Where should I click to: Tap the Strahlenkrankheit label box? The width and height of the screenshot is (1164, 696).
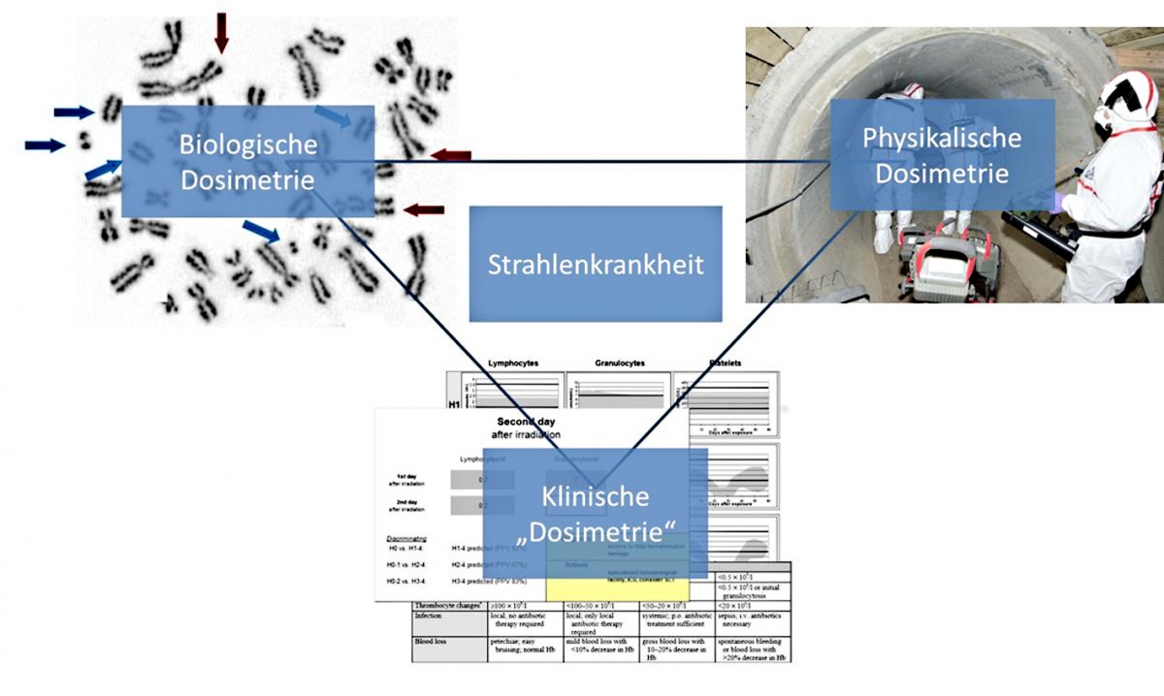596,264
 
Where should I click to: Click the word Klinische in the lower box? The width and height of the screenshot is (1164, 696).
595,497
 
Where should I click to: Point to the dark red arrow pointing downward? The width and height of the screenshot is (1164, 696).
222,32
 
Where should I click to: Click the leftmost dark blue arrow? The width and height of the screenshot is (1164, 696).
43,145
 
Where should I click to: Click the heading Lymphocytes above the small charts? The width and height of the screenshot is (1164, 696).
514,364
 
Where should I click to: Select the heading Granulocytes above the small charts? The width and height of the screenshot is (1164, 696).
619,364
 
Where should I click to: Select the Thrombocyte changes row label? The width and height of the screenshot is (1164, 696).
449,604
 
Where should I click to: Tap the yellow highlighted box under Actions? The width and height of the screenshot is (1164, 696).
617,585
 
